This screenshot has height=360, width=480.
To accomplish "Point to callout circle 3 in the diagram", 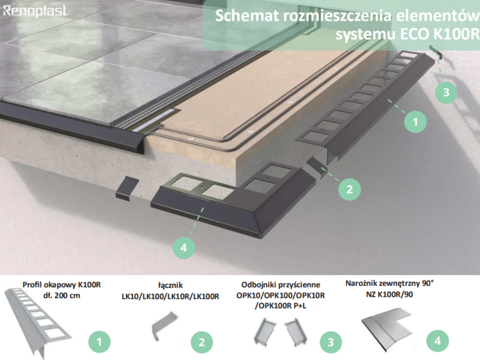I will [445, 91].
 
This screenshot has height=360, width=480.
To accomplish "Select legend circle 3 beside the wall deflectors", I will [332, 339].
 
